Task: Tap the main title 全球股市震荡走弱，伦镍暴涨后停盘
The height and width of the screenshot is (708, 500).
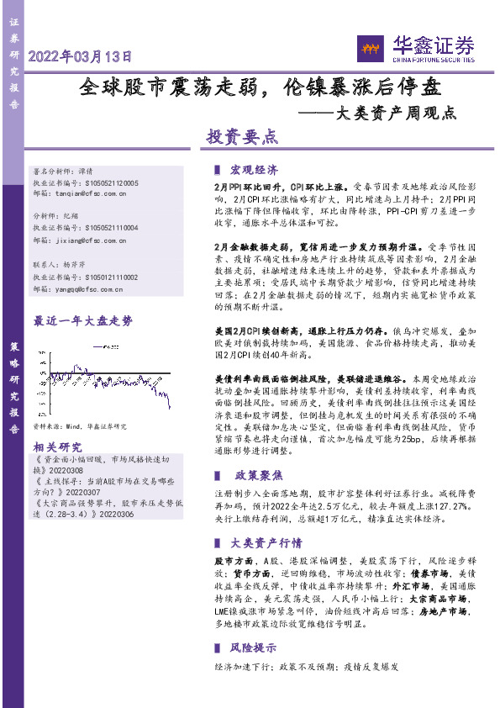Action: tap(261, 86)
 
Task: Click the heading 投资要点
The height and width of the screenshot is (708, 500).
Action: tap(242, 135)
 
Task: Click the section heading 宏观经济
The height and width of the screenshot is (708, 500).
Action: tap(254, 168)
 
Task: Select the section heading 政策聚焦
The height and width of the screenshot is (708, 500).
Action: tap(254, 475)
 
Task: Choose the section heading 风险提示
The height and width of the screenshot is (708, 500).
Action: tap(254, 647)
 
